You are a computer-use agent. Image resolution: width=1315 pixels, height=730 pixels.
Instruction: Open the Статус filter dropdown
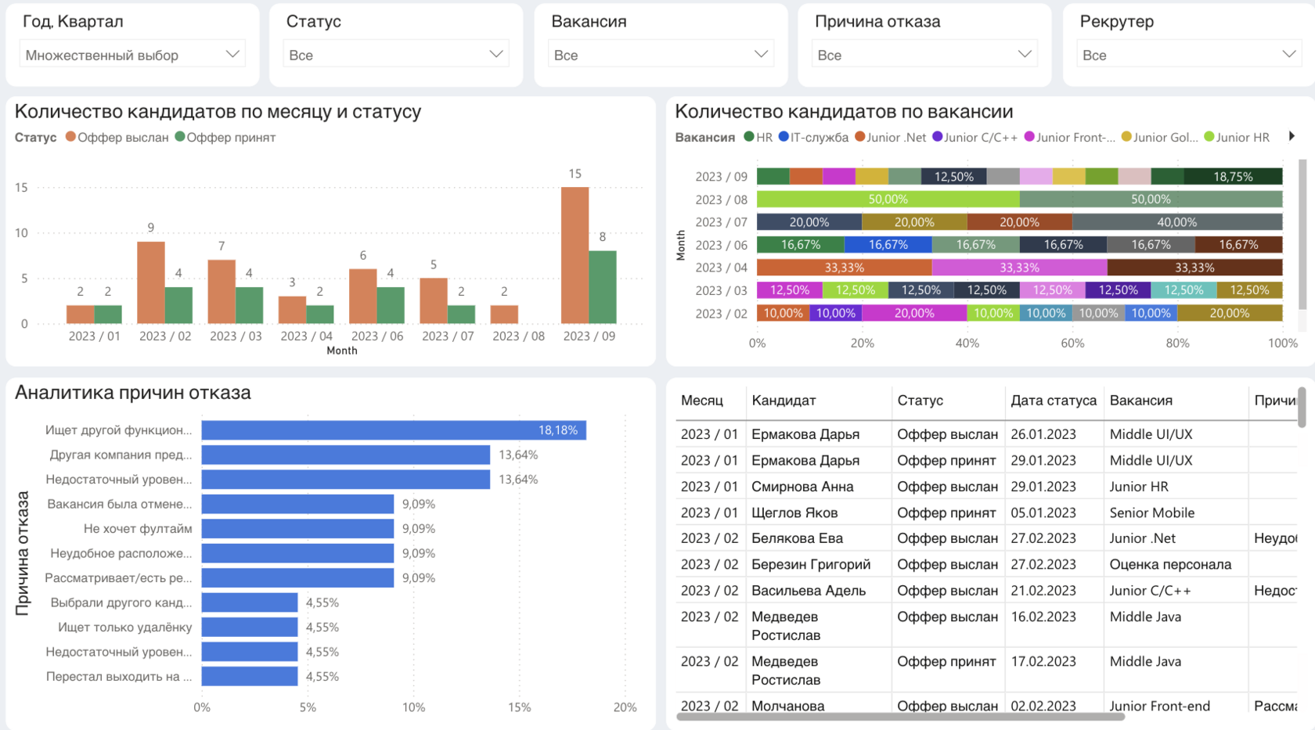click(x=395, y=55)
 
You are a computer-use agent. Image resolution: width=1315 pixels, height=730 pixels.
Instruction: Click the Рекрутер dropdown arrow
click(x=1288, y=54)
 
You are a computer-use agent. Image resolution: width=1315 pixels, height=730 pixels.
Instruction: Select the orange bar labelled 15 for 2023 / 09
click(x=575, y=255)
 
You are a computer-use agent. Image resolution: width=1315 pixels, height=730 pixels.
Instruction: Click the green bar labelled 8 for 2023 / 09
click(x=602, y=286)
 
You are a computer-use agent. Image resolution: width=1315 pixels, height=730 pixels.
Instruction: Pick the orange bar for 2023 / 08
click(x=504, y=314)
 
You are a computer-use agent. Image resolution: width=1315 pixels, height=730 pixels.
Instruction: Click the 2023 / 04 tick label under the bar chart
click(x=306, y=336)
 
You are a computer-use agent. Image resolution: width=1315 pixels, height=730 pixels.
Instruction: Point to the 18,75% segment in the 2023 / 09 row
click(x=1233, y=177)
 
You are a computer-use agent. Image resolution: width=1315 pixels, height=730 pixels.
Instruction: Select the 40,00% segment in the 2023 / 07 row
click(x=1176, y=222)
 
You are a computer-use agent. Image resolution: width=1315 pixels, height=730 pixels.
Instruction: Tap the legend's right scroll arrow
click(x=1292, y=136)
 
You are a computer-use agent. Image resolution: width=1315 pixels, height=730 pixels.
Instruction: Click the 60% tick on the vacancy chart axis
click(x=1072, y=343)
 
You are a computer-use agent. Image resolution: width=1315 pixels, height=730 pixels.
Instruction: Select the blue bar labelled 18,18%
click(x=393, y=430)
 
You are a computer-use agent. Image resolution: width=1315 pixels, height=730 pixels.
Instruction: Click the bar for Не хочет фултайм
click(x=297, y=529)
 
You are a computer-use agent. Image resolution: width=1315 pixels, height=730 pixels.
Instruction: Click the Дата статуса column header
click(x=1053, y=401)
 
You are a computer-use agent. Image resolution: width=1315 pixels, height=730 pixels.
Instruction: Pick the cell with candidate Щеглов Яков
click(x=794, y=513)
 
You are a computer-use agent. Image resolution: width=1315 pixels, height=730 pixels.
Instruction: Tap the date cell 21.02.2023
click(x=1043, y=591)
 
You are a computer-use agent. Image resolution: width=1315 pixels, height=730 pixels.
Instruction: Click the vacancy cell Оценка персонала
click(x=1169, y=565)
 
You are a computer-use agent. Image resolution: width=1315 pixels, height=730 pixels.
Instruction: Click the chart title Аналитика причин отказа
click(x=133, y=393)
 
